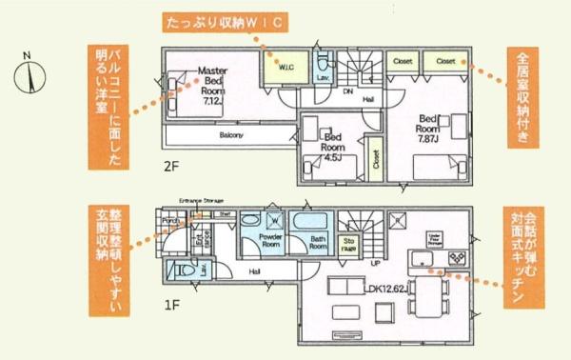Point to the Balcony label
click(x=231, y=136)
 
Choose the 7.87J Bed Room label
click(x=428, y=128)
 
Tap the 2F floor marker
click(x=169, y=165)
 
